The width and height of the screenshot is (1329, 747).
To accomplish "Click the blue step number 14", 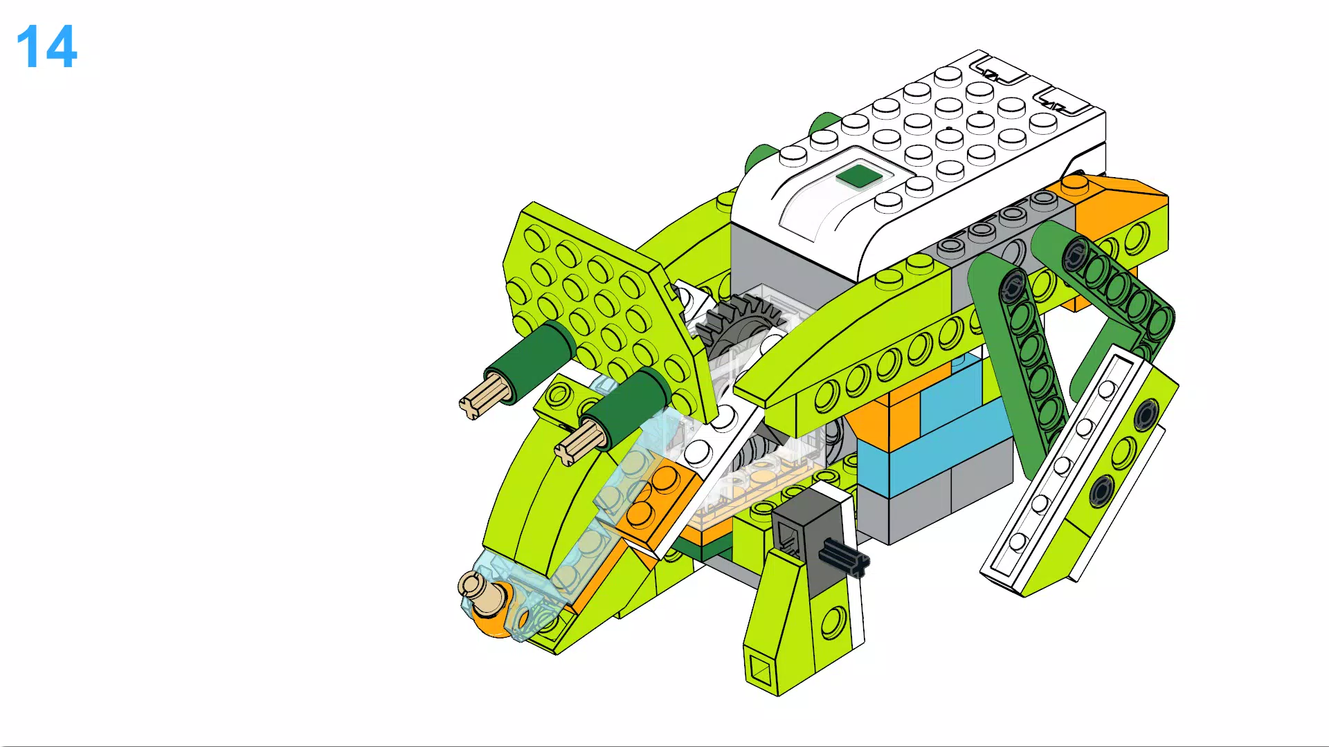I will point(46,47).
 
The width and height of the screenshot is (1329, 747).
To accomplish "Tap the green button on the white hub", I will point(858,176).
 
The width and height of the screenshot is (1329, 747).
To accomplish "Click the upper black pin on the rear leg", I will point(1146,413).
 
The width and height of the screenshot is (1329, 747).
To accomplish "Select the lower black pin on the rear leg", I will point(1101,492).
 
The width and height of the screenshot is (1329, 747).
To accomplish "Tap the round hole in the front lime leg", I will point(833,622).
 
